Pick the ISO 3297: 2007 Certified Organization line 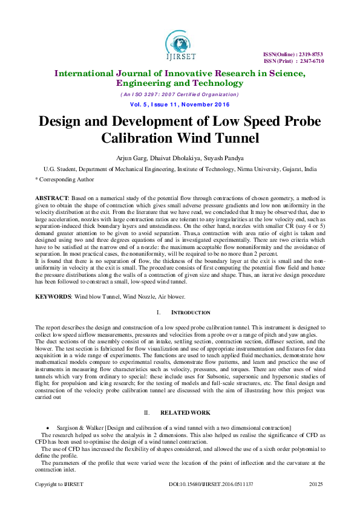point(180,94)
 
